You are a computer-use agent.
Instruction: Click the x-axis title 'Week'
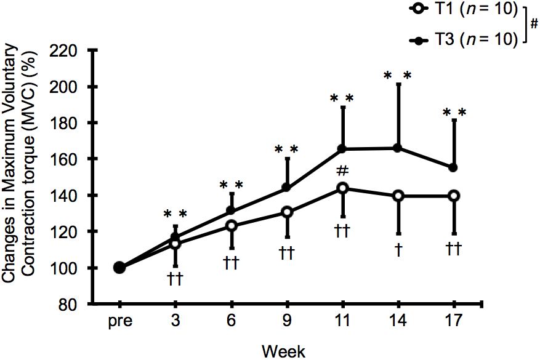tap(283, 351)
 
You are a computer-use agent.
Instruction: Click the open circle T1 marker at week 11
tap(342, 188)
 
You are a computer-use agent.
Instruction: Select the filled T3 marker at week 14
tap(398, 148)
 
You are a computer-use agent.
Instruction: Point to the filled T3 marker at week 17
tap(454, 167)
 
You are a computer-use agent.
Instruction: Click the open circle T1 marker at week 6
tap(232, 226)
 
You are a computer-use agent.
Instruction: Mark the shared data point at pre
tap(119, 268)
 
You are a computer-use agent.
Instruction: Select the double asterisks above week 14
tap(397, 76)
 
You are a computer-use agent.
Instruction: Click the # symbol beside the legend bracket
tap(533, 25)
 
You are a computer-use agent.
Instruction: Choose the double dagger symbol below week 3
tap(175, 280)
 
